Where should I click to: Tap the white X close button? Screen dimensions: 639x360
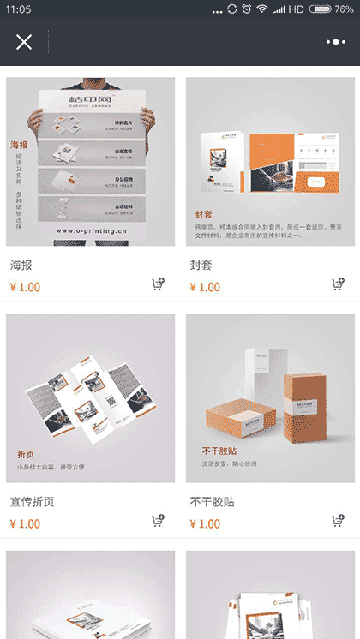(24, 42)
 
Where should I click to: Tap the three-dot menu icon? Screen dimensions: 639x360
(335, 42)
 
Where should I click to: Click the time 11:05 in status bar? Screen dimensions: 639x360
(17, 9)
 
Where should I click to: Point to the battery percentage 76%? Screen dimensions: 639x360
(344, 9)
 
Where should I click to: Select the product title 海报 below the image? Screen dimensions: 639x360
(22, 266)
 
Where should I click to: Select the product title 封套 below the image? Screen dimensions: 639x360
(202, 266)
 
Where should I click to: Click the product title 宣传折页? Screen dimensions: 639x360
(33, 502)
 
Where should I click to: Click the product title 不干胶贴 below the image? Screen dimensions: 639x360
(213, 502)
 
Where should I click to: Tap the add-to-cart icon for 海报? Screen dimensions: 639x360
(159, 285)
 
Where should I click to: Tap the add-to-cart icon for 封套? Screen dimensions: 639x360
(339, 285)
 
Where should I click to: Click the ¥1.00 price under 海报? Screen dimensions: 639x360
(25, 287)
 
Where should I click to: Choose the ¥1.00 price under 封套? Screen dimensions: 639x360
(205, 287)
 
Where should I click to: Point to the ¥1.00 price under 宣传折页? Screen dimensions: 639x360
(25, 523)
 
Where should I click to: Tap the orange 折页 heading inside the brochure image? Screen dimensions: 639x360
(26, 453)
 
